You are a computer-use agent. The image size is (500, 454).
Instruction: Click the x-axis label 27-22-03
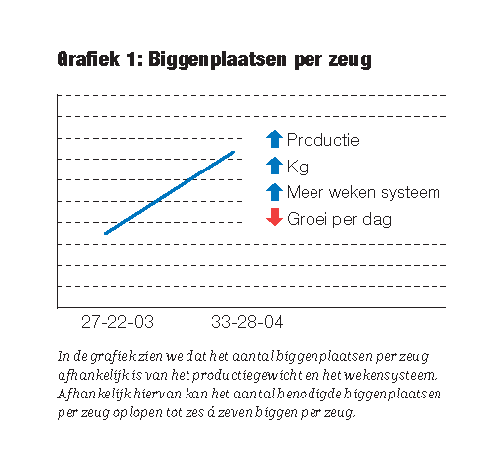[117, 322]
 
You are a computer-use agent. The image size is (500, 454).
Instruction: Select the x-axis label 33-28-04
[247, 322]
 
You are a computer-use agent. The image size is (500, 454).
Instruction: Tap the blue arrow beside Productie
[274, 139]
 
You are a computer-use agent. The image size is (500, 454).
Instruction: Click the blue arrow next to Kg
[274, 166]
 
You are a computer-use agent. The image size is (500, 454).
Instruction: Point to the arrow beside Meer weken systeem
[274, 192]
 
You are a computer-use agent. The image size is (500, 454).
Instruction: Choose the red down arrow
[274, 217]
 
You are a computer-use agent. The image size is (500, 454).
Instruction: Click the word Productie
[323, 140]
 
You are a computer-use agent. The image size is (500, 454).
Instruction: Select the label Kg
[298, 167]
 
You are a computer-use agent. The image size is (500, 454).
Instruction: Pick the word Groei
[308, 219]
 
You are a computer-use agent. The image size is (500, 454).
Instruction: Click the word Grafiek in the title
[88, 59]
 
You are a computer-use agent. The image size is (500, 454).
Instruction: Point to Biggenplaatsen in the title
[217, 60]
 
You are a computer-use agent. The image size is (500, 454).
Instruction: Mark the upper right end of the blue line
[234, 152]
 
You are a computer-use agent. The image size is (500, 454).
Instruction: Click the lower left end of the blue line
[105, 233]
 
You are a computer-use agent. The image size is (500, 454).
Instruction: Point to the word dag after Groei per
[377, 220]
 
